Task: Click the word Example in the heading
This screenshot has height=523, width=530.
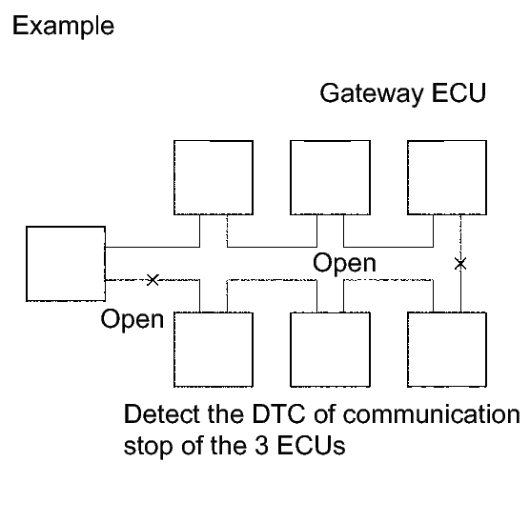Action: [x=63, y=26]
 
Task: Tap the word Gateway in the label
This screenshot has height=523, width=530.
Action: [x=372, y=93]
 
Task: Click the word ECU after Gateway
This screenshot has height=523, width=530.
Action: [x=459, y=92]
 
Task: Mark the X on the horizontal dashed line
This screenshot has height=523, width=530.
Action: [x=153, y=280]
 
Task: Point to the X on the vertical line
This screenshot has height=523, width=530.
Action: [x=460, y=264]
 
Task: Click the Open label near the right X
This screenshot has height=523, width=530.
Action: [x=344, y=264]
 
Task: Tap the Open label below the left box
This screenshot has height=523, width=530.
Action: [x=132, y=320]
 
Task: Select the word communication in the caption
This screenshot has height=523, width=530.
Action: [x=432, y=413]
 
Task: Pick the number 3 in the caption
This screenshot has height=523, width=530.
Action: [x=261, y=446]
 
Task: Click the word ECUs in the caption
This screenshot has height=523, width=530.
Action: [x=311, y=446]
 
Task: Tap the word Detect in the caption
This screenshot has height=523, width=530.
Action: [x=162, y=413]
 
